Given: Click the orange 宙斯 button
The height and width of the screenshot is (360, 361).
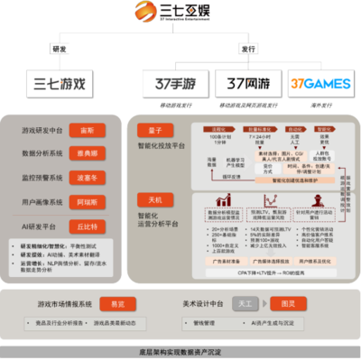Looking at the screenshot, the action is click(82, 130).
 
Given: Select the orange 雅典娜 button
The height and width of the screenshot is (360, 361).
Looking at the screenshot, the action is click(82, 152).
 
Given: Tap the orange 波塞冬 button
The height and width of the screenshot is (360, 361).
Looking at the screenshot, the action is click(82, 178).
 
